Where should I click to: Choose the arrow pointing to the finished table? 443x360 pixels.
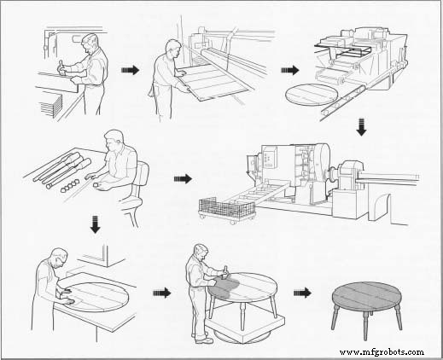click(302, 292)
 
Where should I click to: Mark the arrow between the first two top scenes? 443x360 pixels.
click(129, 70)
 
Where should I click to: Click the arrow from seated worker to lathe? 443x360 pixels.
click(183, 179)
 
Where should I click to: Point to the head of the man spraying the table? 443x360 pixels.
click(201, 253)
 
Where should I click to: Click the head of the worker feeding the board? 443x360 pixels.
click(173, 48)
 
